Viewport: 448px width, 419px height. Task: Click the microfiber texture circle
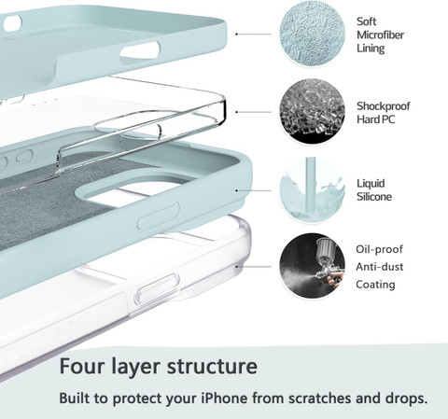click(312, 35)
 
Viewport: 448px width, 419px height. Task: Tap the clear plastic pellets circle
click(312, 112)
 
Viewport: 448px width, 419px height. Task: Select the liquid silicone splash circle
click(312, 189)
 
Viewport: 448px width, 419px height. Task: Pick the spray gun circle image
click(312, 266)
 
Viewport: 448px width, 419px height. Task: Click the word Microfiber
click(380, 35)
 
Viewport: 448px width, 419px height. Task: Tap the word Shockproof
click(384, 106)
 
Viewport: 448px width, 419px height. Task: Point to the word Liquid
click(371, 184)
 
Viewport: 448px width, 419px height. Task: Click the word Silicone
click(374, 197)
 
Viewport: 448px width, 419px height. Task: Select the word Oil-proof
click(379, 249)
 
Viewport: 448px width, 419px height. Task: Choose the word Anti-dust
click(380, 267)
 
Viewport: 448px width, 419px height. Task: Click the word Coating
click(375, 285)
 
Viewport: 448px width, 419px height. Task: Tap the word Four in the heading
click(81, 366)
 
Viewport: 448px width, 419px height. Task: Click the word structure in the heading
click(212, 367)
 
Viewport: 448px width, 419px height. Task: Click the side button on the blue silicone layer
click(159, 216)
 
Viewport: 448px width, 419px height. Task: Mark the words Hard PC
click(376, 119)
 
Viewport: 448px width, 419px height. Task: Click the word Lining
click(371, 49)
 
